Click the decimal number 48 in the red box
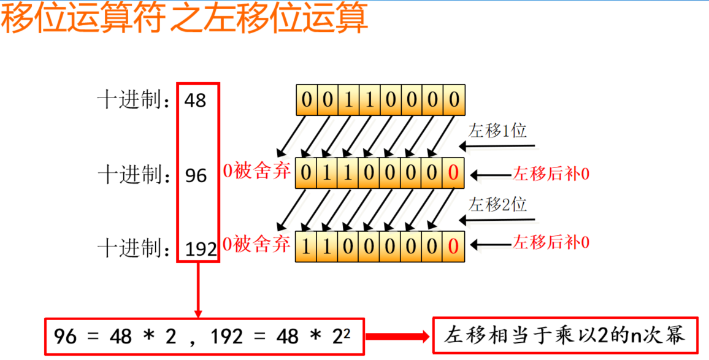(x=196, y=101)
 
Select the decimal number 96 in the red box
(x=196, y=176)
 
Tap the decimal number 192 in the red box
(x=201, y=250)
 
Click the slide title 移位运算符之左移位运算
(x=184, y=19)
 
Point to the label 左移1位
(x=497, y=131)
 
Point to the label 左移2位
(x=497, y=204)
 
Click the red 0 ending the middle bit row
(x=453, y=174)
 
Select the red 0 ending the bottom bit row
(x=453, y=247)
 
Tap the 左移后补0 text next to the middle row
(x=551, y=175)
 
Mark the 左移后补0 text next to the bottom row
(x=551, y=243)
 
